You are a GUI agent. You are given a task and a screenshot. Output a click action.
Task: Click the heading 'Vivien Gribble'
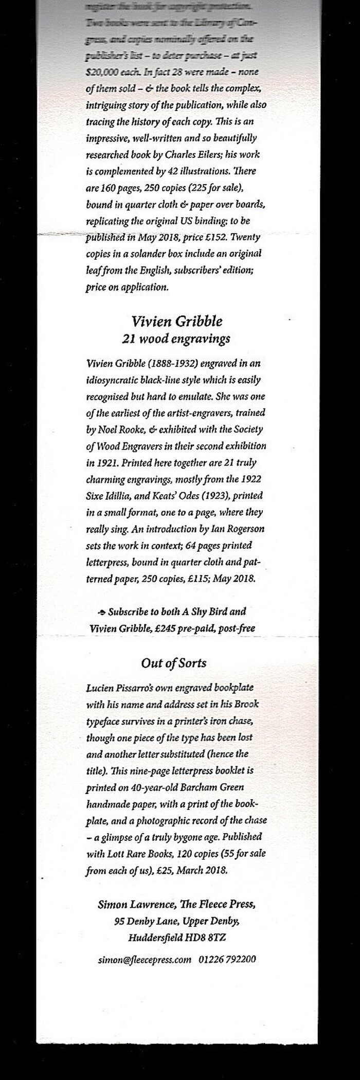177,321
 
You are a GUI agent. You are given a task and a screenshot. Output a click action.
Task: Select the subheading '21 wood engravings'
176,339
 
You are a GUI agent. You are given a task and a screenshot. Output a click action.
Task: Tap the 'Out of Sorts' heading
174,663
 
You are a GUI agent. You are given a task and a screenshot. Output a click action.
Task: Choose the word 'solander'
143,254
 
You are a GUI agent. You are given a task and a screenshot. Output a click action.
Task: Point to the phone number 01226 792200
227,945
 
